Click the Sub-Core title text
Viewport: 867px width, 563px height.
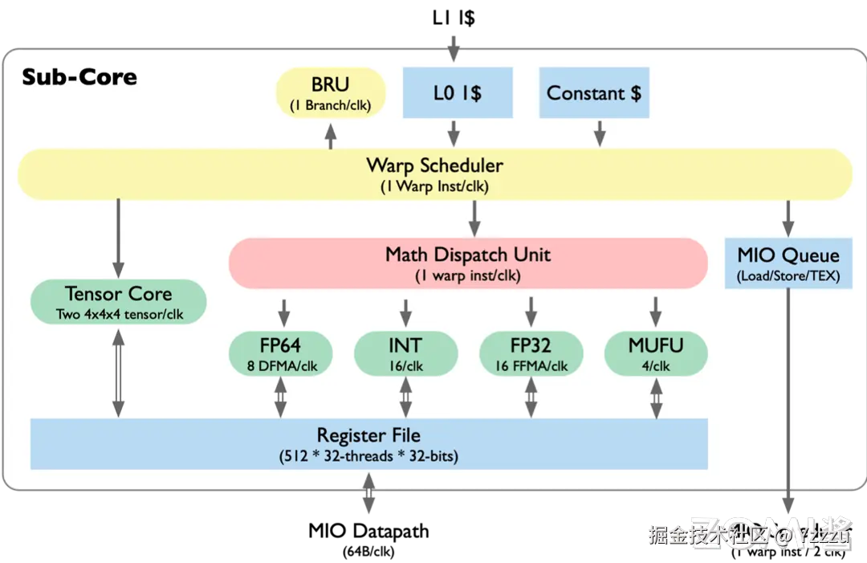click(x=79, y=77)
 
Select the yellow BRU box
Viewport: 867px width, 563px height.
click(x=331, y=93)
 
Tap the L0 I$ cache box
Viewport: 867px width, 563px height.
click(x=457, y=93)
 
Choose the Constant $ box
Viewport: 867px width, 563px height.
click(x=593, y=93)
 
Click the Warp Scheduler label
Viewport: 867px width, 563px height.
click(x=434, y=165)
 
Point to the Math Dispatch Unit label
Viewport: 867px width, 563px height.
click(x=468, y=255)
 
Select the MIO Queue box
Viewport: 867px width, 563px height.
click(x=788, y=263)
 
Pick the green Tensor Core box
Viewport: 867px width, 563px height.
click(x=119, y=301)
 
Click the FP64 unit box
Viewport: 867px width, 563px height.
click(x=280, y=353)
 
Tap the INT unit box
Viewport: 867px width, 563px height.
click(x=405, y=353)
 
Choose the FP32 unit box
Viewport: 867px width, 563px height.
click(x=531, y=353)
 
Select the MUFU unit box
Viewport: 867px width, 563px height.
click(x=656, y=353)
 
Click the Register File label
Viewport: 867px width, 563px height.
click(x=368, y=435)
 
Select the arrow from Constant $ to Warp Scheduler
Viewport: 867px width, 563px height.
click(x=598, y=133)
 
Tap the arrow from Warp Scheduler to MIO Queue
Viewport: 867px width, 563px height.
click(x=788, y=217)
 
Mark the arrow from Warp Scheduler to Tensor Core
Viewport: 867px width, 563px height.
click(x=118, y=237)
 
